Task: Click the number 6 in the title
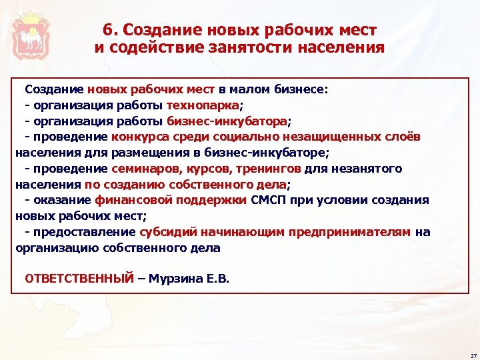[108, 30]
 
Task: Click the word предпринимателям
[353, 232]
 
